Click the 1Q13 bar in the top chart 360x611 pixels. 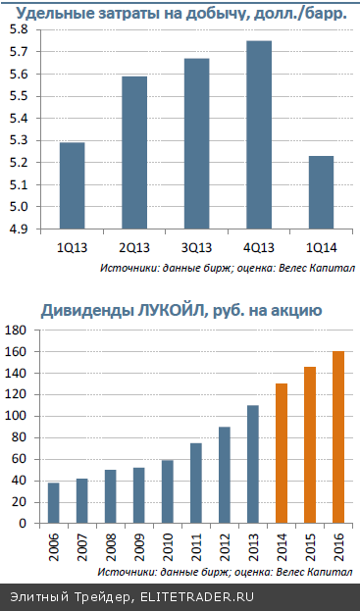(x=72, y=185)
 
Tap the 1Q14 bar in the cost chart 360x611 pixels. (x=321, y=192)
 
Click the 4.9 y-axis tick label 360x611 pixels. (x=19, y=229)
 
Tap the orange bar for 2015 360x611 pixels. (x=311, y=445)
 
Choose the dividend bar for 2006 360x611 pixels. (x=54, y=503)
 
